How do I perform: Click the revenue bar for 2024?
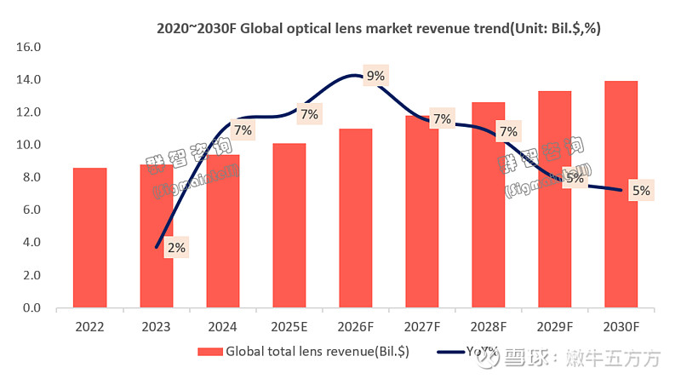[222, 231]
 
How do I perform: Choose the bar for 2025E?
[289, 225]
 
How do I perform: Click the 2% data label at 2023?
[176, 248]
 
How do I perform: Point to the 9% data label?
[375, 76]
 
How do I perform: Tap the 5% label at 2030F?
[641, 192]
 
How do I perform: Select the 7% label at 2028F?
[508, 132]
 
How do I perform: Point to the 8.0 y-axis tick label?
[31, 177]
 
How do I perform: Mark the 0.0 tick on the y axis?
[31, 307]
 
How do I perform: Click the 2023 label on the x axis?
[156, 326]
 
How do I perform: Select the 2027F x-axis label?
[421, 326]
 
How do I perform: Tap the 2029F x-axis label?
[554, 326]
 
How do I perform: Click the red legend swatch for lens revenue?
[210, 351]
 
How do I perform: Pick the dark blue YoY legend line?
[449, 351]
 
